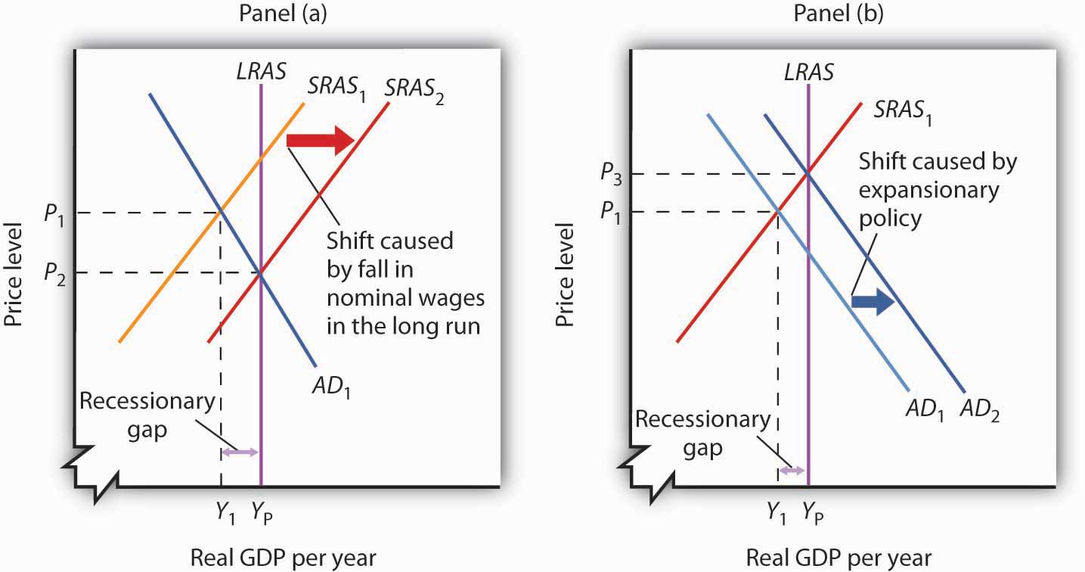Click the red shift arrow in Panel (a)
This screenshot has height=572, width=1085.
click(321, 140)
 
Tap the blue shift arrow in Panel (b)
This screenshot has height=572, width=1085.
click(873, 302)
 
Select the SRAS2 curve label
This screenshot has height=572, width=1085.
click(415, 88)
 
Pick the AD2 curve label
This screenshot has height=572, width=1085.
click(979, 412)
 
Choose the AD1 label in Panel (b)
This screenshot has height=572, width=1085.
click(925, 412)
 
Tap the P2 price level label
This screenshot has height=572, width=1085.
click(54, 273)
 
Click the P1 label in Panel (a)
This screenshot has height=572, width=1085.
click(54, 213)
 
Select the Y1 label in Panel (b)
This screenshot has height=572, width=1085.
click(777, 512)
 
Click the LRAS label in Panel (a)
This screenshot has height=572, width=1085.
click(261, 70)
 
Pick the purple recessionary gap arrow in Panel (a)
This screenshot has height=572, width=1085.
click(240, 452)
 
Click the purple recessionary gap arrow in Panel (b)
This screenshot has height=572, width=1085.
click(793, 470)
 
